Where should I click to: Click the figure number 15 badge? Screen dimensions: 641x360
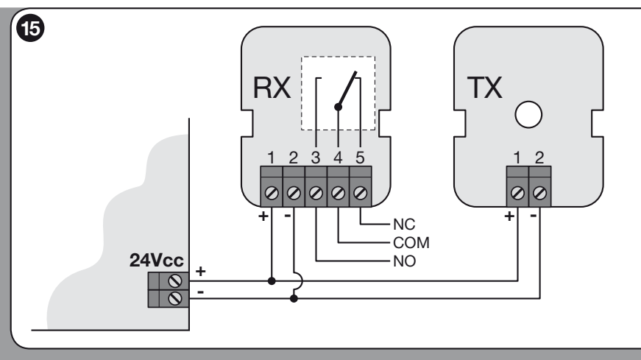coord(30,28)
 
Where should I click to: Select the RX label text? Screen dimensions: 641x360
coord(272,88)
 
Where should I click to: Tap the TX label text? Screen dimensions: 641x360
coord(484,88)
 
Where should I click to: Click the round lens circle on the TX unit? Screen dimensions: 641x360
coord(528,115)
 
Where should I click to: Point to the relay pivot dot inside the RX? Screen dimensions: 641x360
coord(338,107)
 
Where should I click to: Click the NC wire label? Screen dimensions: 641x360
coord(404,225)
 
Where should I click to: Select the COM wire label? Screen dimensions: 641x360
coord(411,243)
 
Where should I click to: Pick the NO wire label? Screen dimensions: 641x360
coord(404,261)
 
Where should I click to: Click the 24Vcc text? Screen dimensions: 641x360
coord(157,260)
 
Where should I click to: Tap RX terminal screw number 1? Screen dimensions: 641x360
coord(272,193)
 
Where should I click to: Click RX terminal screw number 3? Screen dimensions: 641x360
coord(316,193)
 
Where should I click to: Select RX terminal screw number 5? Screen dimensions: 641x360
coord(360,193)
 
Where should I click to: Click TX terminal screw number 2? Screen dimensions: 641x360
coord(540,193)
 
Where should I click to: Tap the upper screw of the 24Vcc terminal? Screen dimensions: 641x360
coord(175,281)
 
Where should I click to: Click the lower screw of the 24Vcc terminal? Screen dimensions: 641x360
coord(175,299)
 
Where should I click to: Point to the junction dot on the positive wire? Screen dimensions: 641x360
coord(272,281)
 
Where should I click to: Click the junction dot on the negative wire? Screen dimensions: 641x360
coord(294,299)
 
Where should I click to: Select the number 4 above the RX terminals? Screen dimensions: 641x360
coord(338,158)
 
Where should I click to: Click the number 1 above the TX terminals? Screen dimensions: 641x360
coord(517,158)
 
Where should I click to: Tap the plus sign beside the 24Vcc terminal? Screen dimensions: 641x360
coord(200,271)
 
